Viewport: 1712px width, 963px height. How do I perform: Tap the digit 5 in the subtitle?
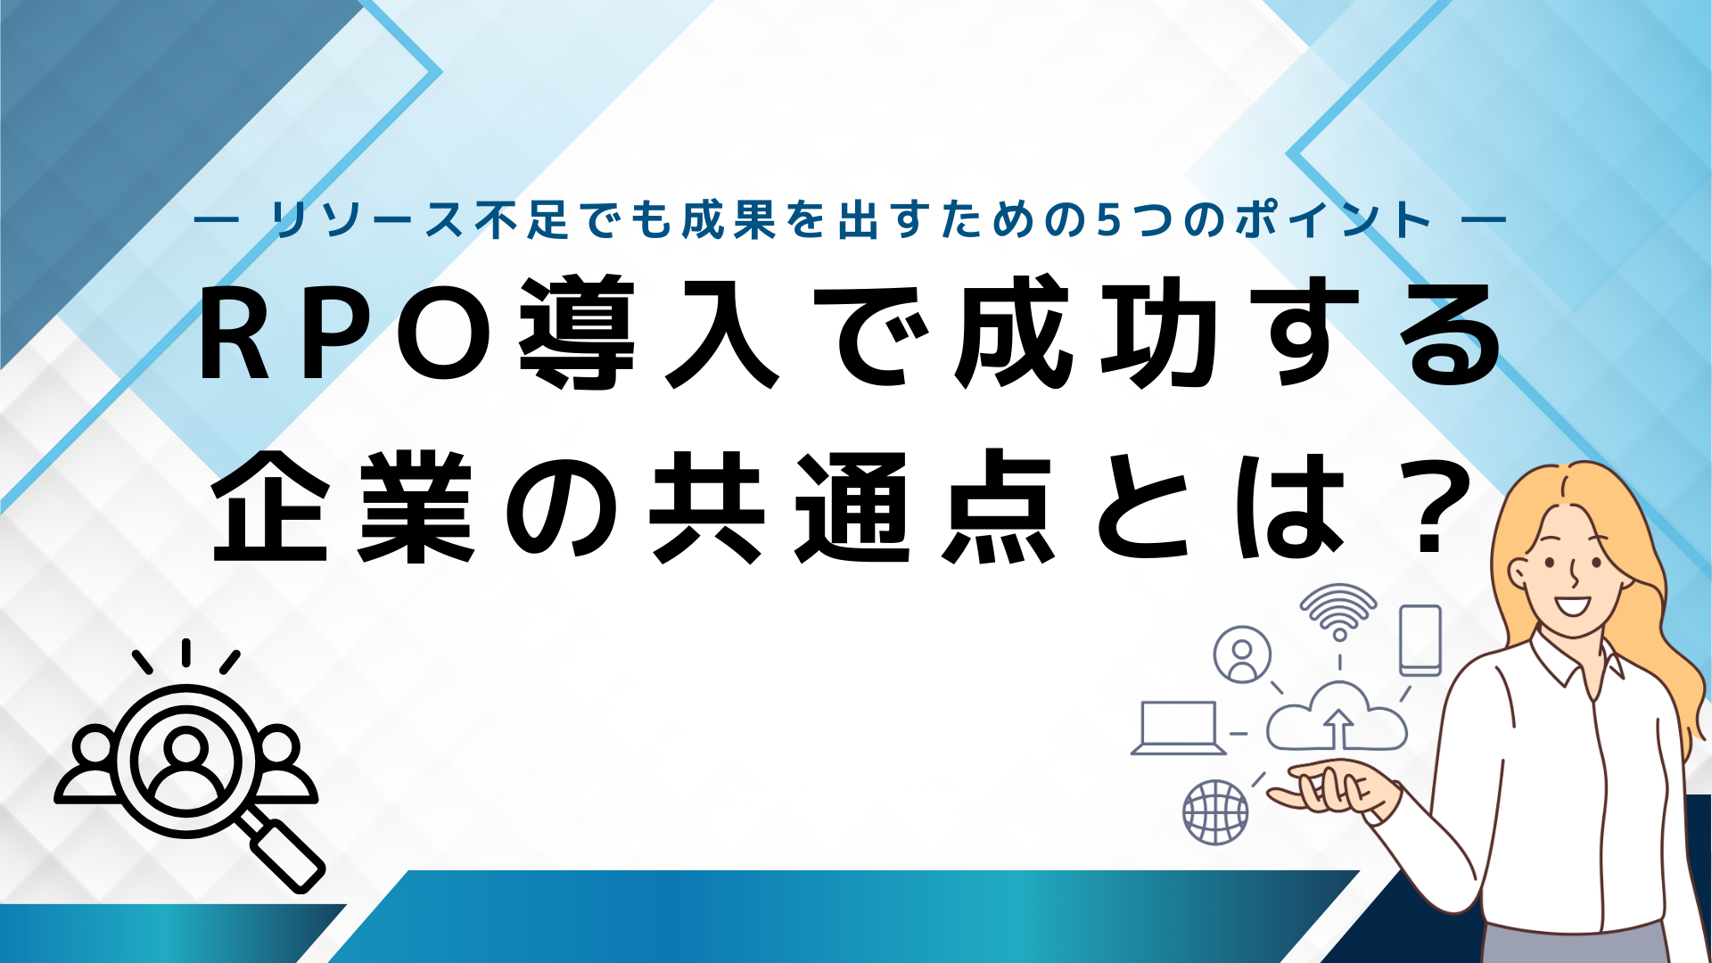[1107, 220]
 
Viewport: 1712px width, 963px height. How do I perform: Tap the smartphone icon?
[1420, 640]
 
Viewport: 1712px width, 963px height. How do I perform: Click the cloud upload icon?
[1337, 718]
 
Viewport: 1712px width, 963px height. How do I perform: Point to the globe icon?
[1215, 811]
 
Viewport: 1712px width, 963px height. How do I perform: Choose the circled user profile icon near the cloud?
[1242, 654]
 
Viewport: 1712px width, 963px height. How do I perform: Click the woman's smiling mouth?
[1572, 606]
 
